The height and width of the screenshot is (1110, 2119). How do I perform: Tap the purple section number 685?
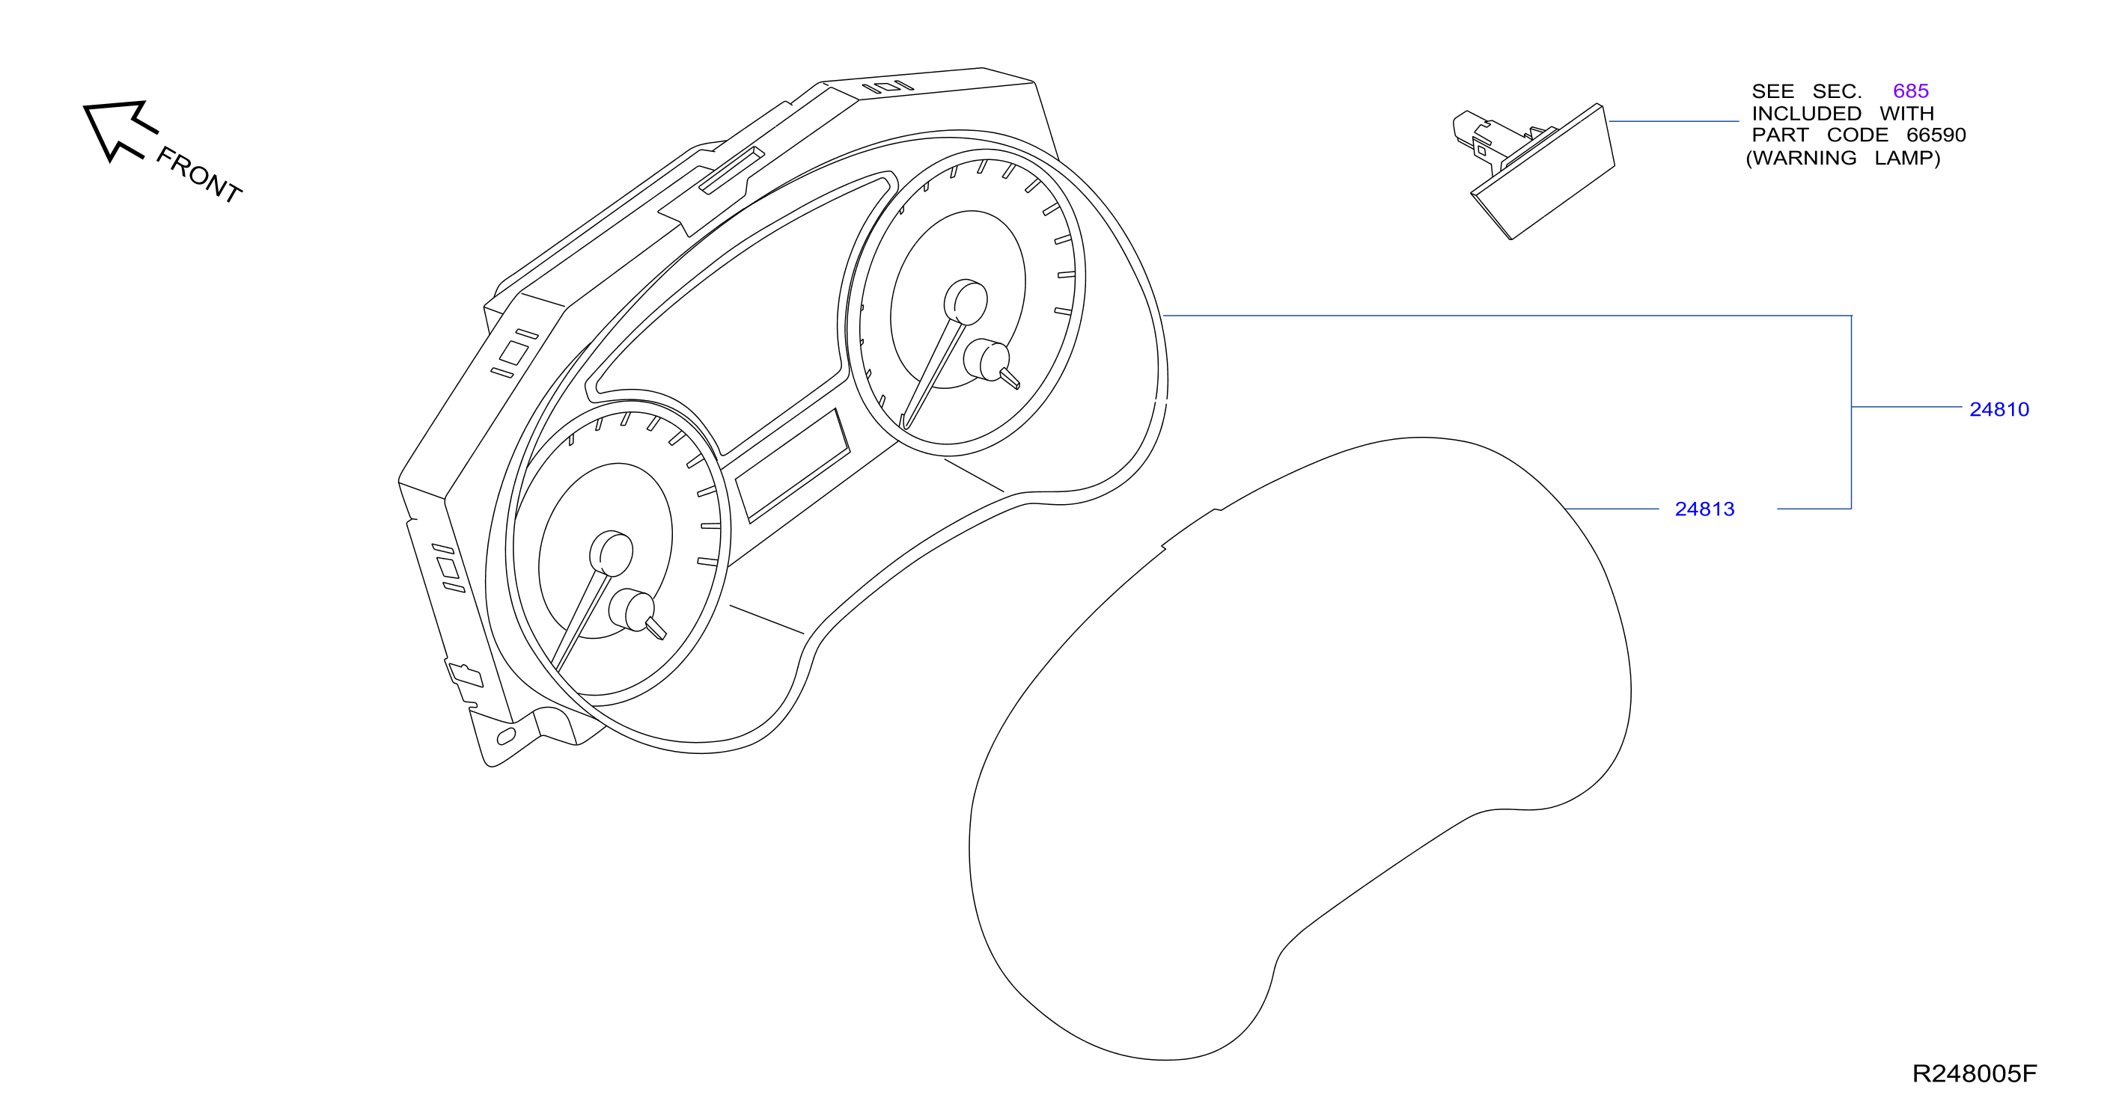click(1910, 91)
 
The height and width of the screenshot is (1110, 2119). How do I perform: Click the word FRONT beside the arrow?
click(198, 174)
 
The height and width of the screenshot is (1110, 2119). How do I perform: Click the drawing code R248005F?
click(1975, 1074)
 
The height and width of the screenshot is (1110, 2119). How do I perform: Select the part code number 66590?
click(1936, 135)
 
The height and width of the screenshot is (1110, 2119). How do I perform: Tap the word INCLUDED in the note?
click(1806, 114)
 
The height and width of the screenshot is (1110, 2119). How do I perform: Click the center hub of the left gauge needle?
click(612, 553)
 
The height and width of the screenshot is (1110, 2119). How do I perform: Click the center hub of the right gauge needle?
click(966, 301)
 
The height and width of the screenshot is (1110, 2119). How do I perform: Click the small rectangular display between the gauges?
click(792, 465)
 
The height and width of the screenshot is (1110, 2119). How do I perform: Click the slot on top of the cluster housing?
click(731, 171)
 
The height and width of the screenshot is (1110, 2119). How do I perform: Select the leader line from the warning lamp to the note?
click(1674, 122)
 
